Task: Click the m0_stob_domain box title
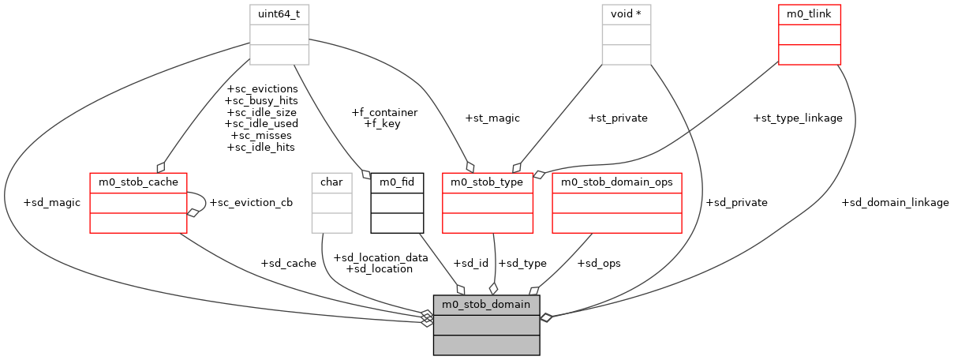coord(486,304)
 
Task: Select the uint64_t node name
coord(279,14)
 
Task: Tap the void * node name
coord(627,14)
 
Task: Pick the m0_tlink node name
coord(809,14)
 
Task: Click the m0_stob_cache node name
coord(138,182)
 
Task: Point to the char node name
coord(331,182)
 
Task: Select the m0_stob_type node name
coord(488,182)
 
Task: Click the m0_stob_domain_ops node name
coord(617,182)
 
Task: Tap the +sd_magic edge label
coord(52,203)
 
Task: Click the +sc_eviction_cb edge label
coord(251,202)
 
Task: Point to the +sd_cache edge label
coord(288,263)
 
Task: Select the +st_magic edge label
coord(492,118)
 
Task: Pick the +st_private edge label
coord(618,118)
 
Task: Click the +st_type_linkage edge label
coord(798,118)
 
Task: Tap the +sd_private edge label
coord(737,203)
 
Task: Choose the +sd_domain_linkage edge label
coord(895,203)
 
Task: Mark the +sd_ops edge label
coord(599,263)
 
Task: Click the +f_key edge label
coord(381,124)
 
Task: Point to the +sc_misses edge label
coord(261,136)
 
